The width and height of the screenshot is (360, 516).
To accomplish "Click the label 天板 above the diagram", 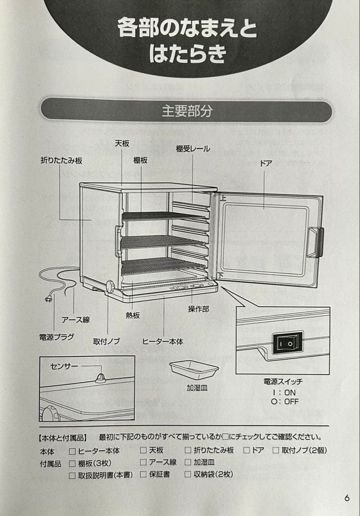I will pyautogui.click(x=122, y=143).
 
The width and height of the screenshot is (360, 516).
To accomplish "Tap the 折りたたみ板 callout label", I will pyautogui.click(x=61, y=161).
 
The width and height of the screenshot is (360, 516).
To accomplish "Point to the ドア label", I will pyautogui.click(x=266, y=163).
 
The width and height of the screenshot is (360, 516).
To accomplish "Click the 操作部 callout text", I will pyautogui.click(x=198, y=309).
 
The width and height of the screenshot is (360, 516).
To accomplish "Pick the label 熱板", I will pyautogui.click(x=133, y=315).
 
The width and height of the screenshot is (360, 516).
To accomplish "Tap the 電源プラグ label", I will pyautogui.click(x=56, y=337).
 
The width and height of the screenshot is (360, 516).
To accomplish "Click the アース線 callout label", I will pyautogui.click(x=76, y=320).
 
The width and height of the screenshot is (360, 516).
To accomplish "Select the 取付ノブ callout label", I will pyautogui.click(x=106, y=342).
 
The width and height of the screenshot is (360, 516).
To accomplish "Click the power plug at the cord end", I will pyautogui.click(x=48, y=299).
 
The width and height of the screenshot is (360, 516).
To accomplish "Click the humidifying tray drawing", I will pyautogui.click(x=194, y=369).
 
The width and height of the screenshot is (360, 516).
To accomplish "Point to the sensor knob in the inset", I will pyautogui.click(x=100, y=378).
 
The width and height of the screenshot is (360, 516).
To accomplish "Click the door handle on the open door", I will pyautogui.click(x=316, y=242).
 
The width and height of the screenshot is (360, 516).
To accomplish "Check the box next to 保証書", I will pyautogui.click(x=143, y=474).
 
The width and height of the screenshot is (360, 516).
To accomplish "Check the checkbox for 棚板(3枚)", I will pyautogui.click(x=72, y=463).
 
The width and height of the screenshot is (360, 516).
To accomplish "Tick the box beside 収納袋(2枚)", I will pyautogui.click(x=188, y=474).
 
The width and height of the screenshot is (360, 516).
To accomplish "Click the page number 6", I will pyautogui.click(x=347, y=498).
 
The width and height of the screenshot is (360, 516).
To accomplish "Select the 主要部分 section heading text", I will pyautogui.click(x=186, y=111).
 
